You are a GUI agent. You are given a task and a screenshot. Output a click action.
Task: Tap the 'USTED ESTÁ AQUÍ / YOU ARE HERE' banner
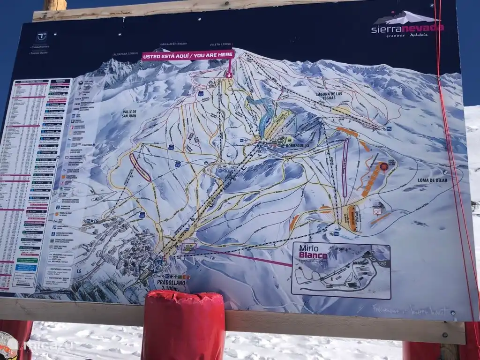coord(188,55)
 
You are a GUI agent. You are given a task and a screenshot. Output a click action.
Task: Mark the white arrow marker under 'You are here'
coord(229,75)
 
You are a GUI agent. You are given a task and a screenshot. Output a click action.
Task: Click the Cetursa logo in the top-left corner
coord(42,37)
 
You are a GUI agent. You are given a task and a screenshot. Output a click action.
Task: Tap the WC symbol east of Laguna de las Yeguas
coord(389,128)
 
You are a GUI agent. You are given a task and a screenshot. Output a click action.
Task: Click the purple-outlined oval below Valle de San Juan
coord(140,167)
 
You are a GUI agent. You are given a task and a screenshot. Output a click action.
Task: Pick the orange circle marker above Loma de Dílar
coord(384,166)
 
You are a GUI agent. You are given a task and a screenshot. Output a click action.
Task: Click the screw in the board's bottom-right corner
coord(453,313)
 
